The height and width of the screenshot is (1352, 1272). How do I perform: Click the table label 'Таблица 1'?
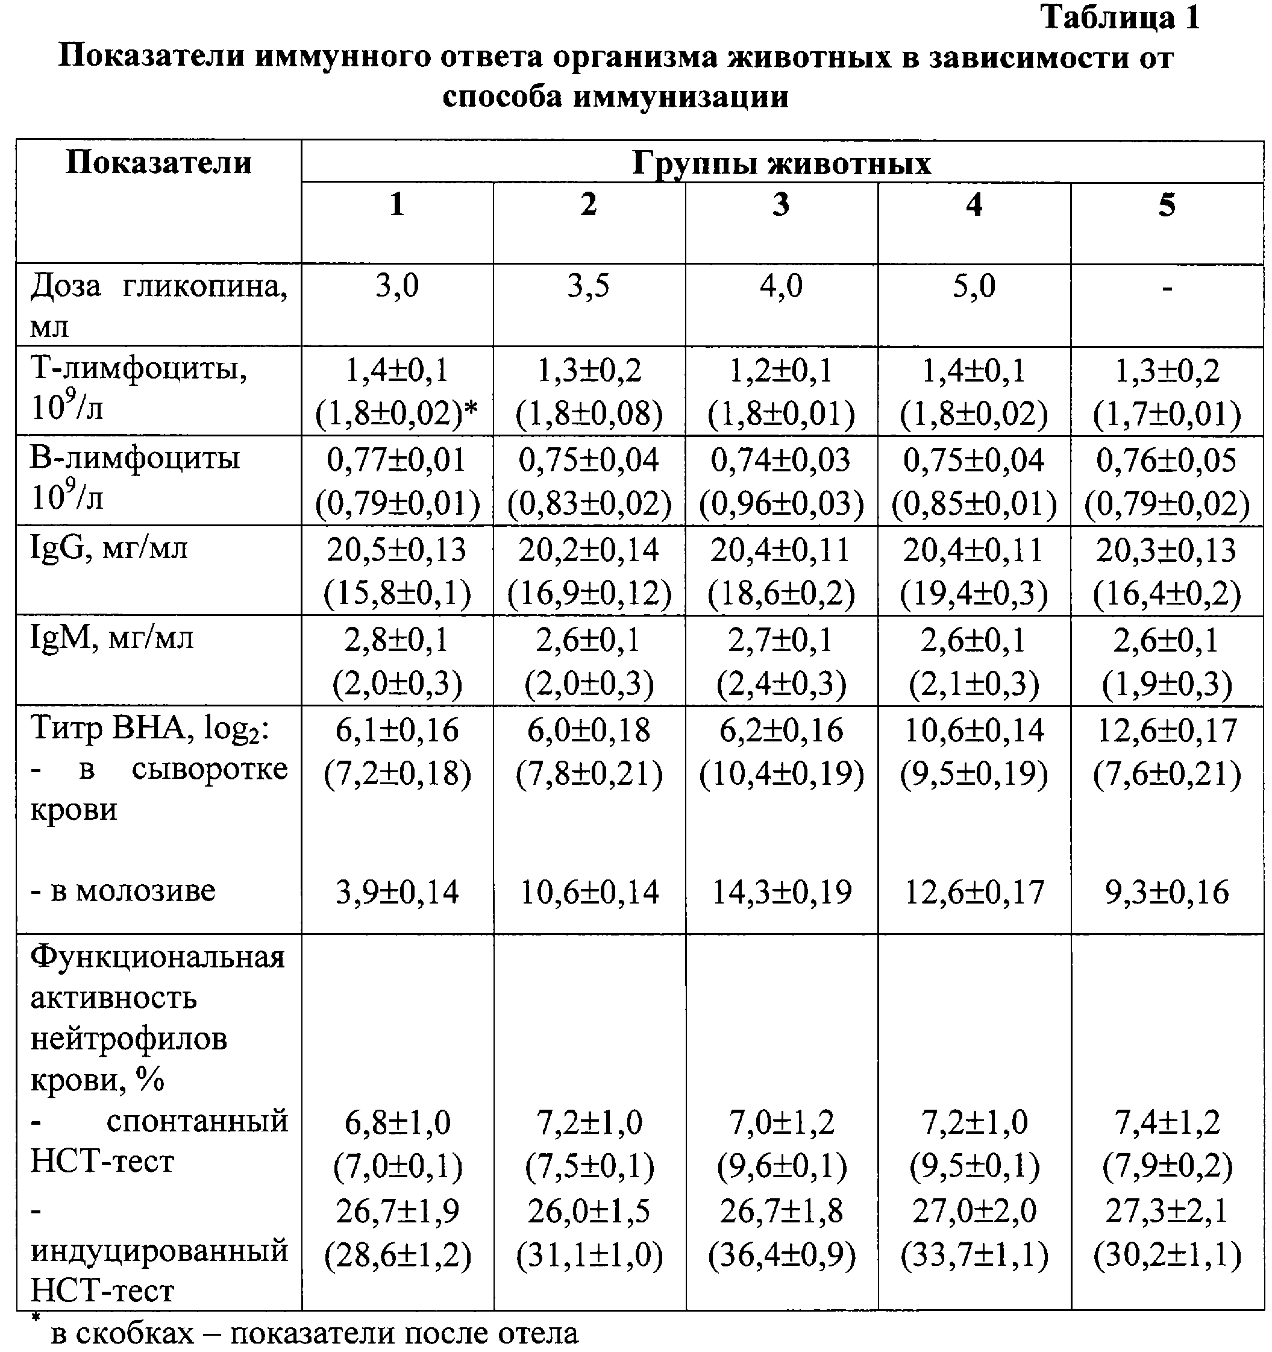click(1120, 17)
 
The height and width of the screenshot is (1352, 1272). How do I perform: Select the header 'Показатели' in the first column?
click(158, 163)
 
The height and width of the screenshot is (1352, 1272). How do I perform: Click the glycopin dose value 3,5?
click(589, 286)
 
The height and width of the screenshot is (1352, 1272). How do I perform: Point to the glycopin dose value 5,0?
click(974, 286)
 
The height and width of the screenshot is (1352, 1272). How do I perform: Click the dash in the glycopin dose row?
click(1167, 288)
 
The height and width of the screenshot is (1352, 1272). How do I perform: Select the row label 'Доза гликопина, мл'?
click(158, 306)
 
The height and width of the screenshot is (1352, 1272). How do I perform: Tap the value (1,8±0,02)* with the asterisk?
click(397, 413)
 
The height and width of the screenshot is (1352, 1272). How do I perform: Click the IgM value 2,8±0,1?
click(397, 640)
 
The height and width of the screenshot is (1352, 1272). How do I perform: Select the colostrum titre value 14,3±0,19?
click(781, 891)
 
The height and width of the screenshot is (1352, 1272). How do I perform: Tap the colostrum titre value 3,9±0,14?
click(397, 891)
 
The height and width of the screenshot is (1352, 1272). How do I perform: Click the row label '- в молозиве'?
click(123, 890)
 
